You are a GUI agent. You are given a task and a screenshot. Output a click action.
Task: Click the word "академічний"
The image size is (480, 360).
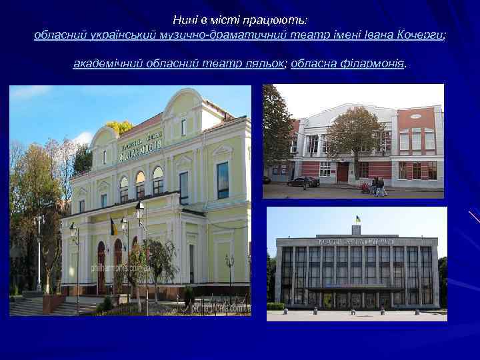[104, 64]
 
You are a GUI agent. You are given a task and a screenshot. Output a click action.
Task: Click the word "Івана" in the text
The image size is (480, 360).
[379, 35]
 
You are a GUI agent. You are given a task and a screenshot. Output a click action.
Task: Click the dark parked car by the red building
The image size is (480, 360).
[303, 181]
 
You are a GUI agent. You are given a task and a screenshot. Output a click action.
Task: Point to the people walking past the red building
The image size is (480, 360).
[379, 186]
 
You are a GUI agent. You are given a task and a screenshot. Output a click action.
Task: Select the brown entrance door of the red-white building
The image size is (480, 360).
[342, 173]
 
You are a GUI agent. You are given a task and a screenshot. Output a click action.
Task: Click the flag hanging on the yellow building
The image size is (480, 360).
[114, 227]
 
